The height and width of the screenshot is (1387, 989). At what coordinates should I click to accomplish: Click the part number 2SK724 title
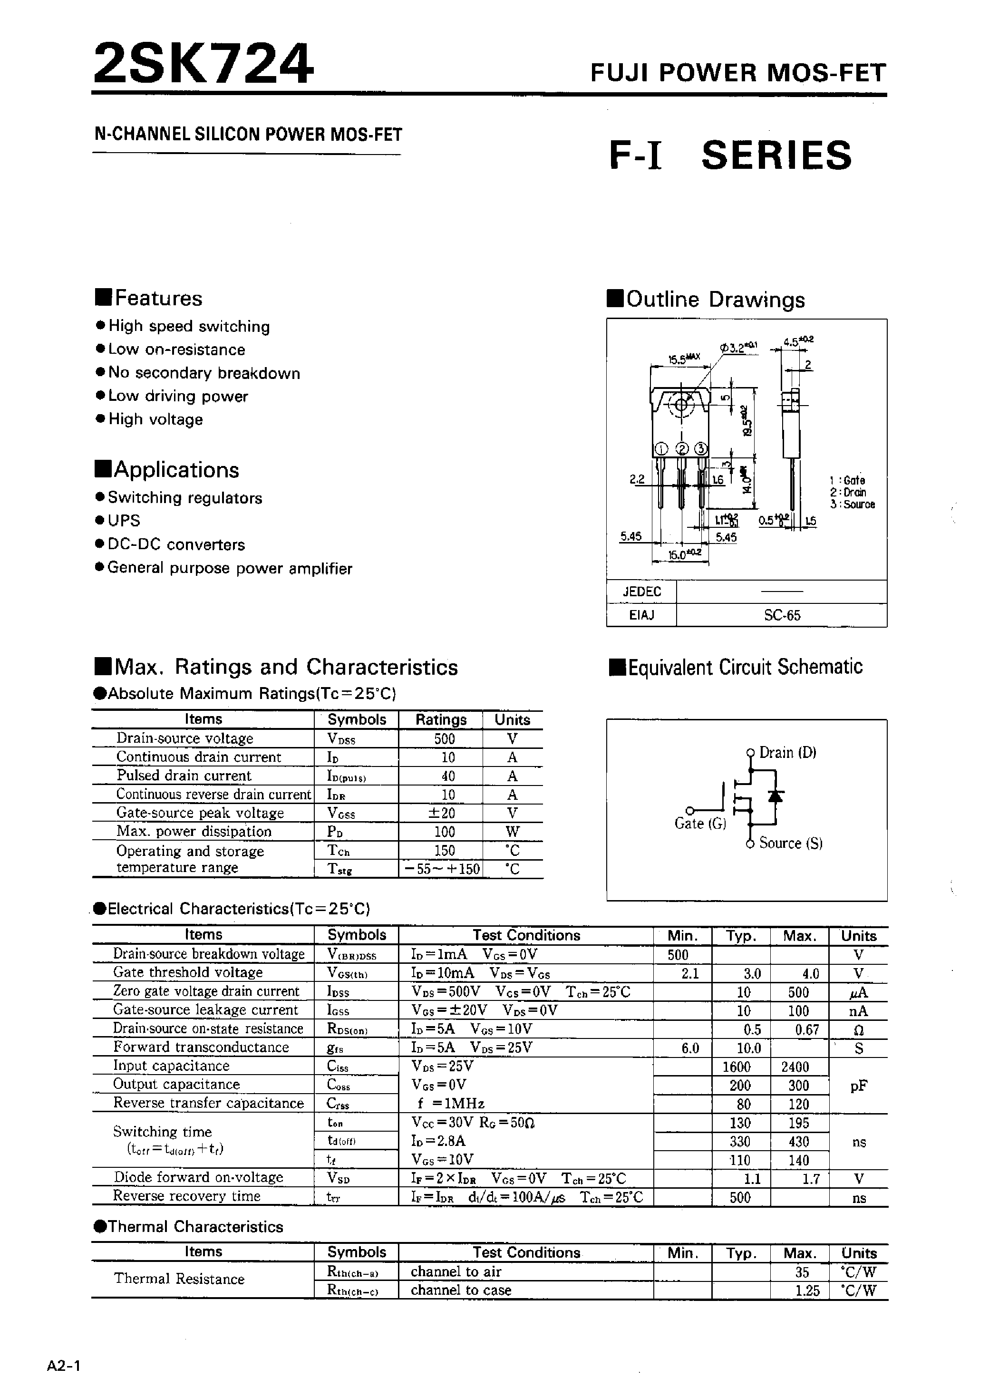tap(203, 64)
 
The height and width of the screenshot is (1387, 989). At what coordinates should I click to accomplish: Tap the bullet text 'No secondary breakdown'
tap(204, 373)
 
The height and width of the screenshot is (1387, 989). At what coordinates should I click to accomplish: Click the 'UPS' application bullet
tap(124, 521)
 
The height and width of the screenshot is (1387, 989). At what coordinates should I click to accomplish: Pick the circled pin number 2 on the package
tap(682, 449)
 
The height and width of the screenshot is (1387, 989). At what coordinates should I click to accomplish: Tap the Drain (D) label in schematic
tap(787, 753)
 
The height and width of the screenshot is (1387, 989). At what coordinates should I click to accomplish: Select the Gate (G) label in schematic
tap(700, 824)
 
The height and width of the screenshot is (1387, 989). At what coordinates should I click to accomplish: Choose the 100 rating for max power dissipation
tap(444, 832)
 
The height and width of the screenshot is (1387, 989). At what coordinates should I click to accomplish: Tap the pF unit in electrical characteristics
tap(858, 1086)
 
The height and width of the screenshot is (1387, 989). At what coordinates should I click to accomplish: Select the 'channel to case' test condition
tap(460, 1290)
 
